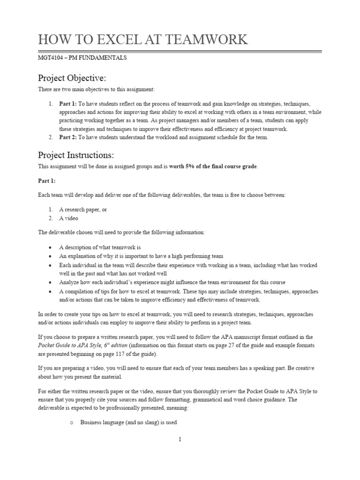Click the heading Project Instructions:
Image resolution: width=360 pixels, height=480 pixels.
pyautogui.click(x=75, y=155)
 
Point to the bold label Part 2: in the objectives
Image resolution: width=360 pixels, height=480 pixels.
pyautogui.click(x=68, y=137)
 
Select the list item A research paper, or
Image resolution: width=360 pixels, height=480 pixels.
pyautogui.click(x=82, y=210)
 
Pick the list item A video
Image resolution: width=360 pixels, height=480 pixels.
pyautogui.click(x=68, y=218)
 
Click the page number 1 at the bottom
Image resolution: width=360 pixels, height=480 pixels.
pyautogui.click(x=180, y=439)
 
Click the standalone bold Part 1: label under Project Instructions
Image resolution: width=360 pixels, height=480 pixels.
pyautogui.click(x=46, y=180)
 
